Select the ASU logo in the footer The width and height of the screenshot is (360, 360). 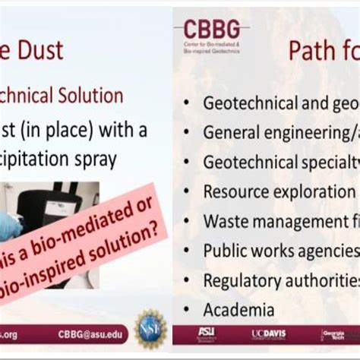coord(206,333)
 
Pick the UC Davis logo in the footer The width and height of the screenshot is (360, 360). coord(269,334)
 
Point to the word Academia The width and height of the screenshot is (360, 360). coord(238,310)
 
